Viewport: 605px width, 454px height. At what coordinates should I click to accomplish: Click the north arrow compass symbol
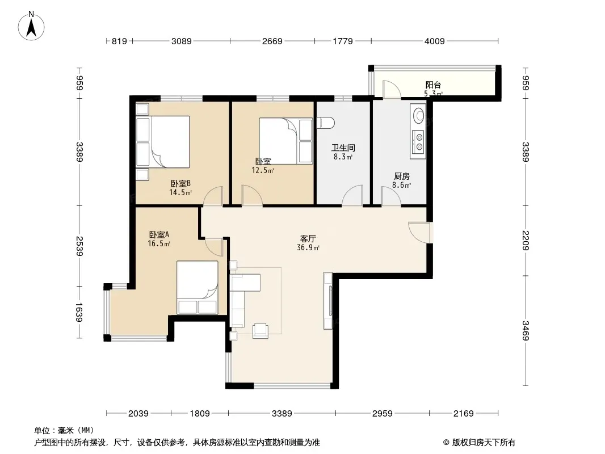point(31,26)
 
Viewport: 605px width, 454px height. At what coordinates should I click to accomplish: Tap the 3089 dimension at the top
point(182,41)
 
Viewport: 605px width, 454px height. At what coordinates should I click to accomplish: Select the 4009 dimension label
point(435,41)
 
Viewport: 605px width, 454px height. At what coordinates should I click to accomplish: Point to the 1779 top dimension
point(343,41)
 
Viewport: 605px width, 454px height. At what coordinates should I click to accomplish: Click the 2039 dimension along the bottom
point(138,414)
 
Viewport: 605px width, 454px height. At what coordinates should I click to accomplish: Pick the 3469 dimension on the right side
point(526,330)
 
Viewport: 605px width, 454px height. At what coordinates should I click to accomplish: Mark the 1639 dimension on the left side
point(79,313)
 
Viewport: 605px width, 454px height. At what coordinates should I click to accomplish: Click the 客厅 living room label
point(308,238)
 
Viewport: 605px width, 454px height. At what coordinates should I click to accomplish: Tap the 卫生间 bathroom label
point(343,148)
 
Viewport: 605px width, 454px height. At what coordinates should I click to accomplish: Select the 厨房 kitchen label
point(402,176)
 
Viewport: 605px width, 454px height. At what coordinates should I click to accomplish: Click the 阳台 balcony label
point(433,85)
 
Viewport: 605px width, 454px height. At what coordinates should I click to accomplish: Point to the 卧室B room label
point(180,184)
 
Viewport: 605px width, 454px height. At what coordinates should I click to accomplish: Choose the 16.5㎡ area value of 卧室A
point(159,243)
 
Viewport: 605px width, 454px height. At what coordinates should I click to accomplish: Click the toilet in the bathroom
point(326,123)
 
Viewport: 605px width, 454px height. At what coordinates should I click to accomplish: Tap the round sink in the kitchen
point(419,115)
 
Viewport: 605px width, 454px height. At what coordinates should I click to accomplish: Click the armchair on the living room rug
point(260,330)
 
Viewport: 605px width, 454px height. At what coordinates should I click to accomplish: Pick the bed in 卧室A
point(198,287)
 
